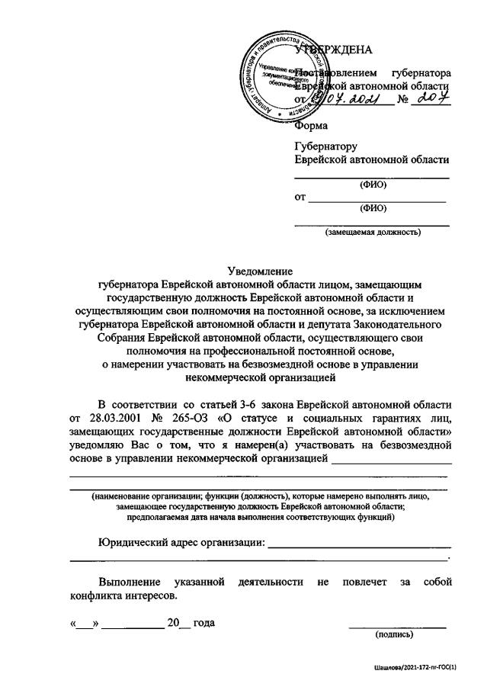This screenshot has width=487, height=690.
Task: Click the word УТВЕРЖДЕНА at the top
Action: (335, 50)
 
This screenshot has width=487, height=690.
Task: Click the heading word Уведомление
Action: (260, 270)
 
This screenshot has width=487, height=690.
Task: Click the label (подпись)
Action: (394, 634)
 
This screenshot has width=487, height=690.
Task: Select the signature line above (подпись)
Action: (396, 626)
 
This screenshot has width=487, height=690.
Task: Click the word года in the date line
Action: (203, 623)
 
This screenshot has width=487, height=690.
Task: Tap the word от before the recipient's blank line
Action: (300, 197)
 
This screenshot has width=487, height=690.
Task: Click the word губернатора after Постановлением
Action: (420, 72)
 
